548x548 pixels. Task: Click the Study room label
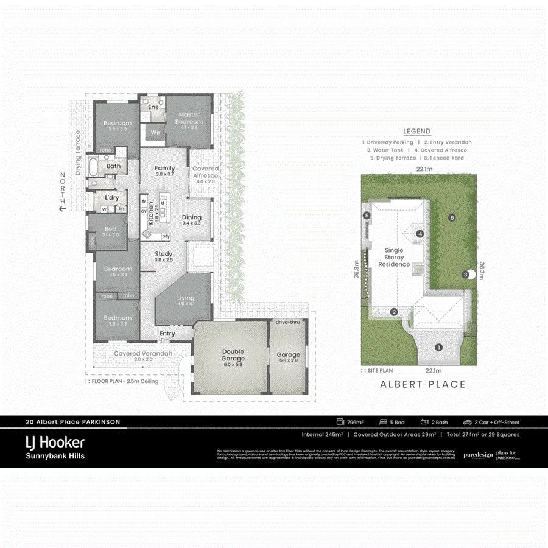(x=164, y=254)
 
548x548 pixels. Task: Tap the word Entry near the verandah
(x=167, y=334)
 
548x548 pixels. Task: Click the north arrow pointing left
(x=62, y=209)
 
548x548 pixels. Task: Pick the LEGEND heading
(x=416, y=132)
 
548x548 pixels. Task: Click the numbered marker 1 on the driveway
(x=438, y=348)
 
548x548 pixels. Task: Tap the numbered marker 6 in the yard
(x=451, y=217)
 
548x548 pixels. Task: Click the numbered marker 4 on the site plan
(x=420, y=234)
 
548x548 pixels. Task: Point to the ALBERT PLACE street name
(x=423, y=384)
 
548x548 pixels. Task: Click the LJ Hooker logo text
(x=54, y=442)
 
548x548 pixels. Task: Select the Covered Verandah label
(x=143, y=353)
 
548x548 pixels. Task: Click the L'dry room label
(x=111, y=198)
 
